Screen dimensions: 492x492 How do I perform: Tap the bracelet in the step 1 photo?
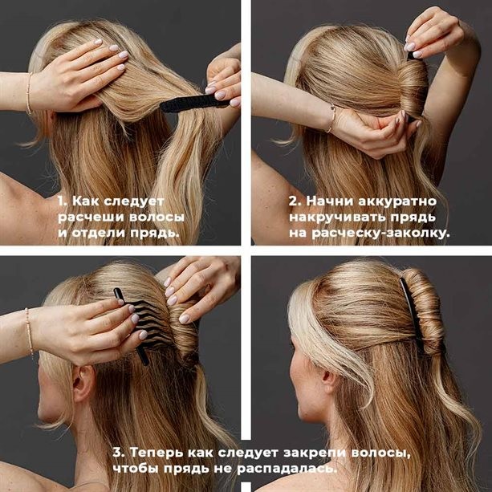[29, 93]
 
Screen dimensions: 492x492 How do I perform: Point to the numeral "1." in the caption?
[63, 201]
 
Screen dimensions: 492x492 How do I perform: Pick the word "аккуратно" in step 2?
[397, 201]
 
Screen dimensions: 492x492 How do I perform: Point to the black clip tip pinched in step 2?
[411, 55]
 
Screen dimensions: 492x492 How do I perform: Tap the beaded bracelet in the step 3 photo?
[29, 331]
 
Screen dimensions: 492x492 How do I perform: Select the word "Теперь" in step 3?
[157, 453]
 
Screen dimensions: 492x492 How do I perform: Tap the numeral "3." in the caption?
[119, 453]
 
